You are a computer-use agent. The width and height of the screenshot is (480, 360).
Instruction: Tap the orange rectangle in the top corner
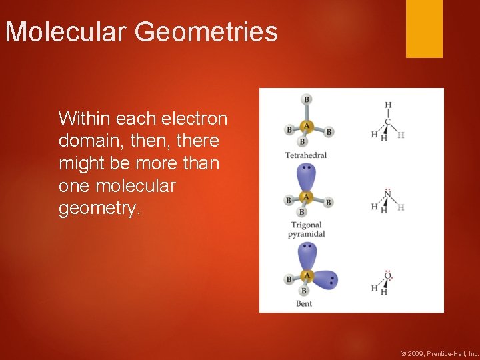coord(424,29)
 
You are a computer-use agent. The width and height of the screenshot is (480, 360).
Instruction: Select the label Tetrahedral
coord(306,155)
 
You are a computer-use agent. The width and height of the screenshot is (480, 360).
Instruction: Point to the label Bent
coord(304,304)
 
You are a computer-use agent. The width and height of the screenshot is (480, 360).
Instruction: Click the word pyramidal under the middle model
coord(306,234)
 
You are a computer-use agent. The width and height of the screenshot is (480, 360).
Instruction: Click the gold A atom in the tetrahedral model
coord(307,125)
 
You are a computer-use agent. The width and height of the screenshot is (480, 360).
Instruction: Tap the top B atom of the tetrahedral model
coord(307,100)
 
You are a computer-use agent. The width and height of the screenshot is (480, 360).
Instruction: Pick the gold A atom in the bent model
coord(307,275)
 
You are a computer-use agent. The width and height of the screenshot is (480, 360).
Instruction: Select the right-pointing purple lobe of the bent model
coord(327,279)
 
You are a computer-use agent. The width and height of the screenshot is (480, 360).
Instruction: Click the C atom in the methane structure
coord(387,121)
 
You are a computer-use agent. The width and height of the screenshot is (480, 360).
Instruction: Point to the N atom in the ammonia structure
coord(387,195)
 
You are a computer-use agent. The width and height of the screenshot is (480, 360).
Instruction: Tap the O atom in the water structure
coord(387,276)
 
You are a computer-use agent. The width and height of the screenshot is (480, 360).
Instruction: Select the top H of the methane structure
coord(387,105)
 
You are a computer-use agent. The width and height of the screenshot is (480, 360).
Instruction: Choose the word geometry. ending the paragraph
coord(100,209)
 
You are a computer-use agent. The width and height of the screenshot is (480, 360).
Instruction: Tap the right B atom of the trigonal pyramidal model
coord(329,201)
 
